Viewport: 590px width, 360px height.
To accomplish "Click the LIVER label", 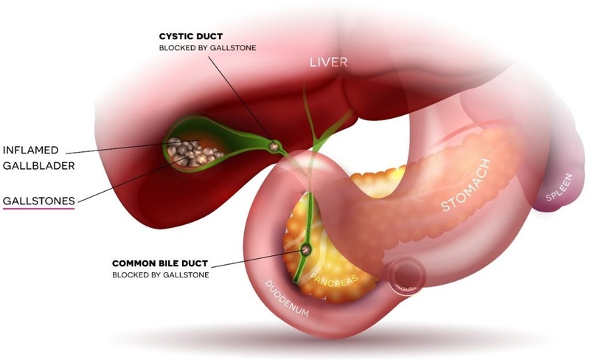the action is [x=328, y=62].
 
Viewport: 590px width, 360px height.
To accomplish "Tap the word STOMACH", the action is [x=466, y=185].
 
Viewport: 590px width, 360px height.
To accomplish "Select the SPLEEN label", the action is [x=559, y=187].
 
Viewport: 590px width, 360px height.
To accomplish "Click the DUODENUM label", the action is [x=287, y=298].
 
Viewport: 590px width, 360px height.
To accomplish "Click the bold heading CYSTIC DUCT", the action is [x=191, y=37].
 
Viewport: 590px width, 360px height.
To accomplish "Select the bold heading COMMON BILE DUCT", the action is [x=160, y=263].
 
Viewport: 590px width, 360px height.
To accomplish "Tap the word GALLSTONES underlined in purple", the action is [x=39, y=201].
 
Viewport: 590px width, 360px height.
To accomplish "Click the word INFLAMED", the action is [x=31, y=150].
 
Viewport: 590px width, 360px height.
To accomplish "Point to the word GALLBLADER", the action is [x=39, y=166].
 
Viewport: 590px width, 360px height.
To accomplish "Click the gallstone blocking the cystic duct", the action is [x=274, y=146].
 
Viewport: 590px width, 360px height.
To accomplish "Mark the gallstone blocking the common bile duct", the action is [x=306, y=249].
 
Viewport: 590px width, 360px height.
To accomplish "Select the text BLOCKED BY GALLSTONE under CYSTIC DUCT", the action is [x=207, y=48].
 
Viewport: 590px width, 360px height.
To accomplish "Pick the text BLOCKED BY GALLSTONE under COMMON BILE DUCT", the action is [x=160, y=275].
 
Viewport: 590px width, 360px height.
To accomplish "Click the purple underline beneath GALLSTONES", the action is [x=39, y=208].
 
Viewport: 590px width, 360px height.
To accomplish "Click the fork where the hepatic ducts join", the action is [x=318, y=141].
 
